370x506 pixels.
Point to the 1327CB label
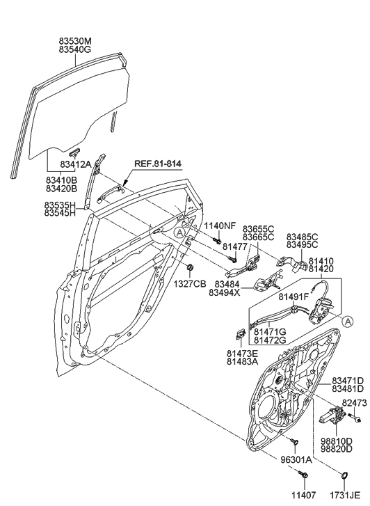(x=189, y=283)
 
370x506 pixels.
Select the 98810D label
(x=337, y=441)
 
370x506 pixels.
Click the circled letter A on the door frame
(x=180, y=235)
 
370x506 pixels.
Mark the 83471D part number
(x=348, y=380)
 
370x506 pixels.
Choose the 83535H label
(x=61, y=206)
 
